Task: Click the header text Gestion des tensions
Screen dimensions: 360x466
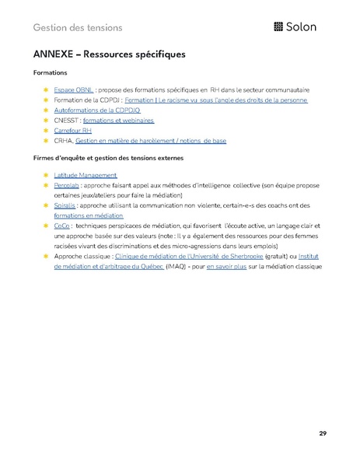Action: (78, 28)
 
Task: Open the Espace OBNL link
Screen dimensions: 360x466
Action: (73, 90)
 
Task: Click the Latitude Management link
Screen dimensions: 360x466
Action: (86, 176)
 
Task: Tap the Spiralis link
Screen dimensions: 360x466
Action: (65, 205)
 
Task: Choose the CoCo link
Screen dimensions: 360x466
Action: (61, 225)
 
